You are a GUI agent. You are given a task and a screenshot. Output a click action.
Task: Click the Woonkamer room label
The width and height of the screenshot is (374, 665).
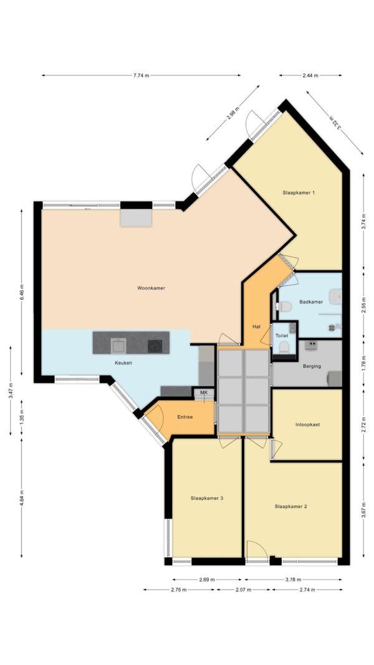click(151, 288)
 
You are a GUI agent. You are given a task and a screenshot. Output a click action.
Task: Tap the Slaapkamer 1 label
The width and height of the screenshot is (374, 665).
click(299, 193)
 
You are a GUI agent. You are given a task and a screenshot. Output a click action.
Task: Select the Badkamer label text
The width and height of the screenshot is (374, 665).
click(311, 302)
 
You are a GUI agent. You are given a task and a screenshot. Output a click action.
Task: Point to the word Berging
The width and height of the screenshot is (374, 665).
click(312, 366)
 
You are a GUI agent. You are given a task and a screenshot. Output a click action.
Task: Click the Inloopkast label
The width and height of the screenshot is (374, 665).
click(307, 424)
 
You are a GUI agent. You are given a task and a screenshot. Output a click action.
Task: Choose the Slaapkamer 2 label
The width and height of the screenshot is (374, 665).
click(290, 506)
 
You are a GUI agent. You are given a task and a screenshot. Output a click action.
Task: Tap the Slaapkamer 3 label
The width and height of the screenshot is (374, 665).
click(206, 499)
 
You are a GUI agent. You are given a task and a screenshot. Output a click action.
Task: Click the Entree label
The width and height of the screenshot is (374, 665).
click(185, 417)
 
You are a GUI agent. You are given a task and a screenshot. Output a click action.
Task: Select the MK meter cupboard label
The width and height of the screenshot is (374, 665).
click(204, 393)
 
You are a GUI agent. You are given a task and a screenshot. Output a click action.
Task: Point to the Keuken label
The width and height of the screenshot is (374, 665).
click(123, 363)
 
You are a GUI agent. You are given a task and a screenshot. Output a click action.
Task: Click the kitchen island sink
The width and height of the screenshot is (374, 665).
click(118, 346)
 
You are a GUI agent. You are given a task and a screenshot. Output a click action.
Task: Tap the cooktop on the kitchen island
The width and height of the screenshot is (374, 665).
click(155, 347)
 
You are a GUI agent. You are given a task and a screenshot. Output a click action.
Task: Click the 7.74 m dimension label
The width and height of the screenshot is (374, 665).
click(141, 75)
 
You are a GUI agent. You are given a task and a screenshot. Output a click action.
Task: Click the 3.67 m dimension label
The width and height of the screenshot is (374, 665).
click(363, 510)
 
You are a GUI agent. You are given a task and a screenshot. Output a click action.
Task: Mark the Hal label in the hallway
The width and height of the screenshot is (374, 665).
click(256, 327)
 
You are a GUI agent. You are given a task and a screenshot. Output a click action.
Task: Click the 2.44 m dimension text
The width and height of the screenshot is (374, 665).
click(310, 75)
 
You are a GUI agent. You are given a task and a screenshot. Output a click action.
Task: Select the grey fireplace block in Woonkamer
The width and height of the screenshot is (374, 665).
click(136, 218)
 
